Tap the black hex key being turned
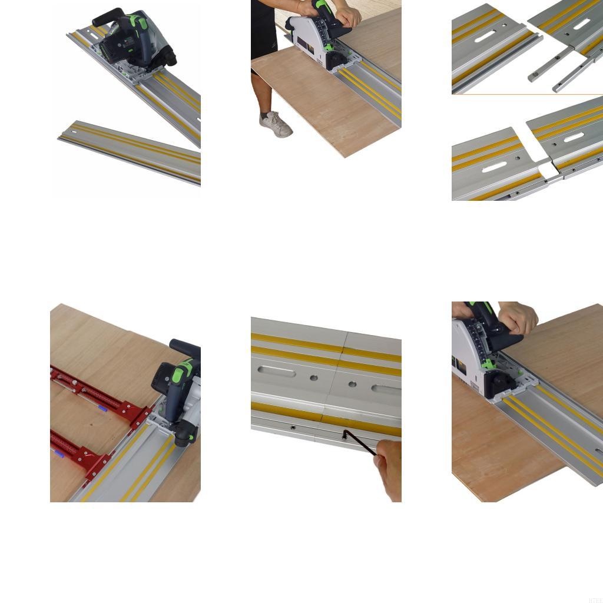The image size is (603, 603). pyautogui.click(x=359, y=443)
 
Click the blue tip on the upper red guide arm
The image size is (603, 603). pyautogui.click(x=102, y=407)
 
